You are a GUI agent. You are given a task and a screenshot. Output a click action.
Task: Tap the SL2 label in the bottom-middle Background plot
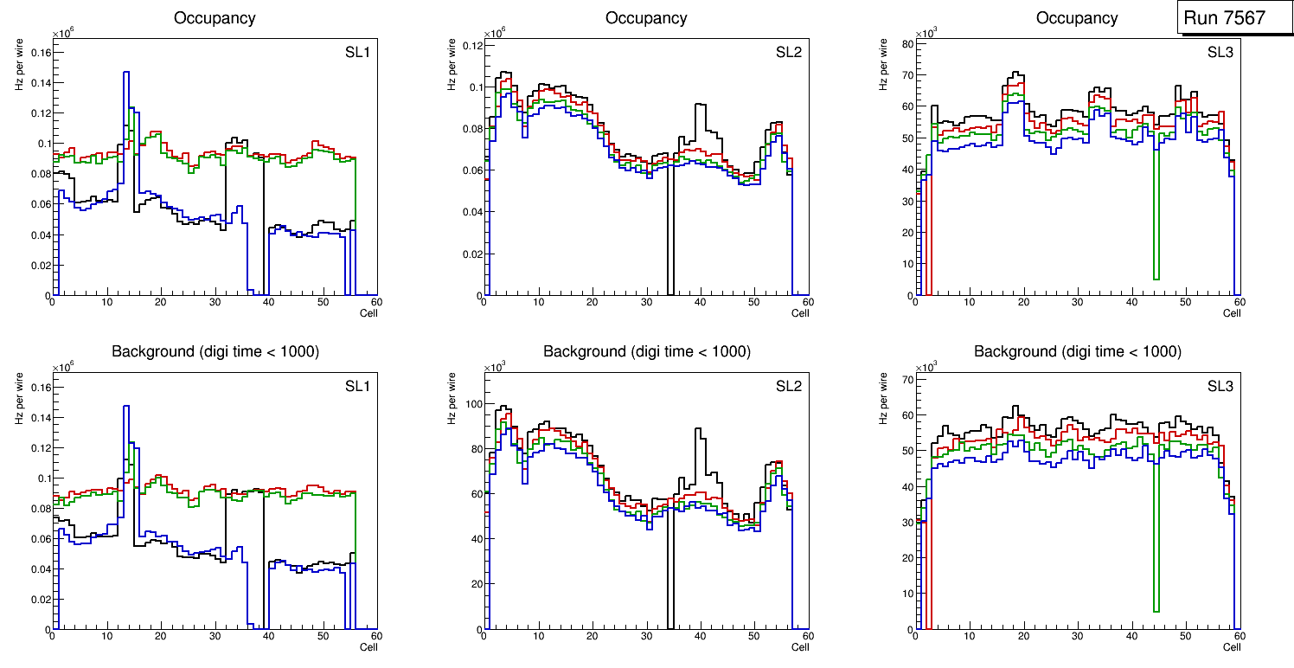pos(788,387)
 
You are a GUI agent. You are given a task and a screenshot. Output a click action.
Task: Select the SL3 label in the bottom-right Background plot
pos(1220,387)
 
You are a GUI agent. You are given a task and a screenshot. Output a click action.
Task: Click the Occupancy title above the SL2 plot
pos(646,18)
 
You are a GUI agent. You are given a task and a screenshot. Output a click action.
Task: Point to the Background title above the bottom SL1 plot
pos(215,351)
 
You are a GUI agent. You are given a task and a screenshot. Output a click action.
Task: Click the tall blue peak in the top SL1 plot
pos(126,74)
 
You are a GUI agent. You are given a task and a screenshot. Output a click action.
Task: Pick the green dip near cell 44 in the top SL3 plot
pos(1156,279)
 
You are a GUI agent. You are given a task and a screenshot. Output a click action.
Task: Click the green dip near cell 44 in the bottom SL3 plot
pos(1156,611)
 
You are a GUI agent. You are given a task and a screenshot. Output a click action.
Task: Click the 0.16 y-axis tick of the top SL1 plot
pos(39,53)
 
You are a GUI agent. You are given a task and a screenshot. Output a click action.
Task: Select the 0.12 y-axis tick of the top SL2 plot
pos(471,45)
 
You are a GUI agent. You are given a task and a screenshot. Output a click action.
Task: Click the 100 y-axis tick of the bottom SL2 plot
pos(471,404)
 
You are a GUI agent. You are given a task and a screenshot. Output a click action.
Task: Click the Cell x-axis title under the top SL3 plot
pos(1232,313)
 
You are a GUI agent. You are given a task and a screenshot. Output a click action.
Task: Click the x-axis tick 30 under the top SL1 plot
pos(215,303)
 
